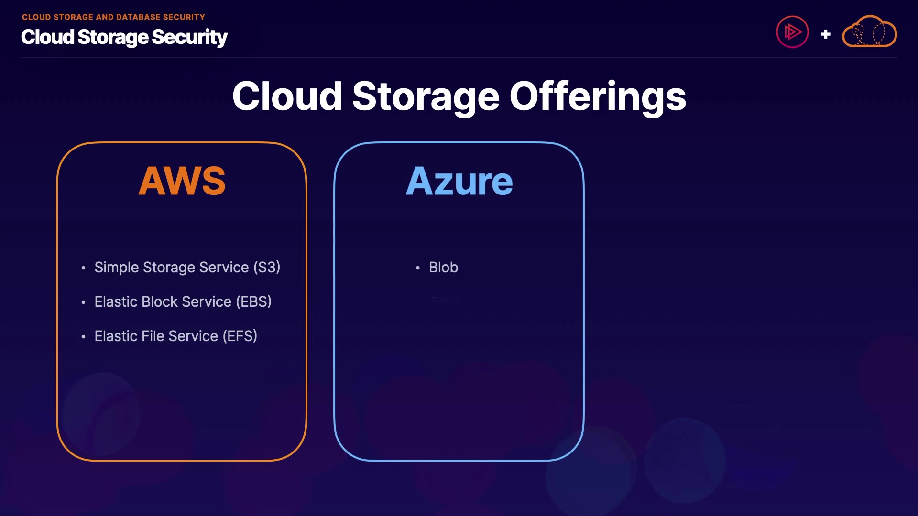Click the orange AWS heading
pos(182,181)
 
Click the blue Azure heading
pos(459,182)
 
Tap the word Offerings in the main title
pos(598,97)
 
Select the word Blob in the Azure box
pos(443,267)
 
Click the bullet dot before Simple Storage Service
pos(84,268)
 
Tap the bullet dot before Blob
pos(418,268)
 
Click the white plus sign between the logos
pos(825,34)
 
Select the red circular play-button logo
pos(792,32)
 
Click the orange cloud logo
pos(869,32)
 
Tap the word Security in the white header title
pos(189,37)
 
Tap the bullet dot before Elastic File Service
pos(84,337)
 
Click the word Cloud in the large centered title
pos(287,97)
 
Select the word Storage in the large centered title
pos(426,97)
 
